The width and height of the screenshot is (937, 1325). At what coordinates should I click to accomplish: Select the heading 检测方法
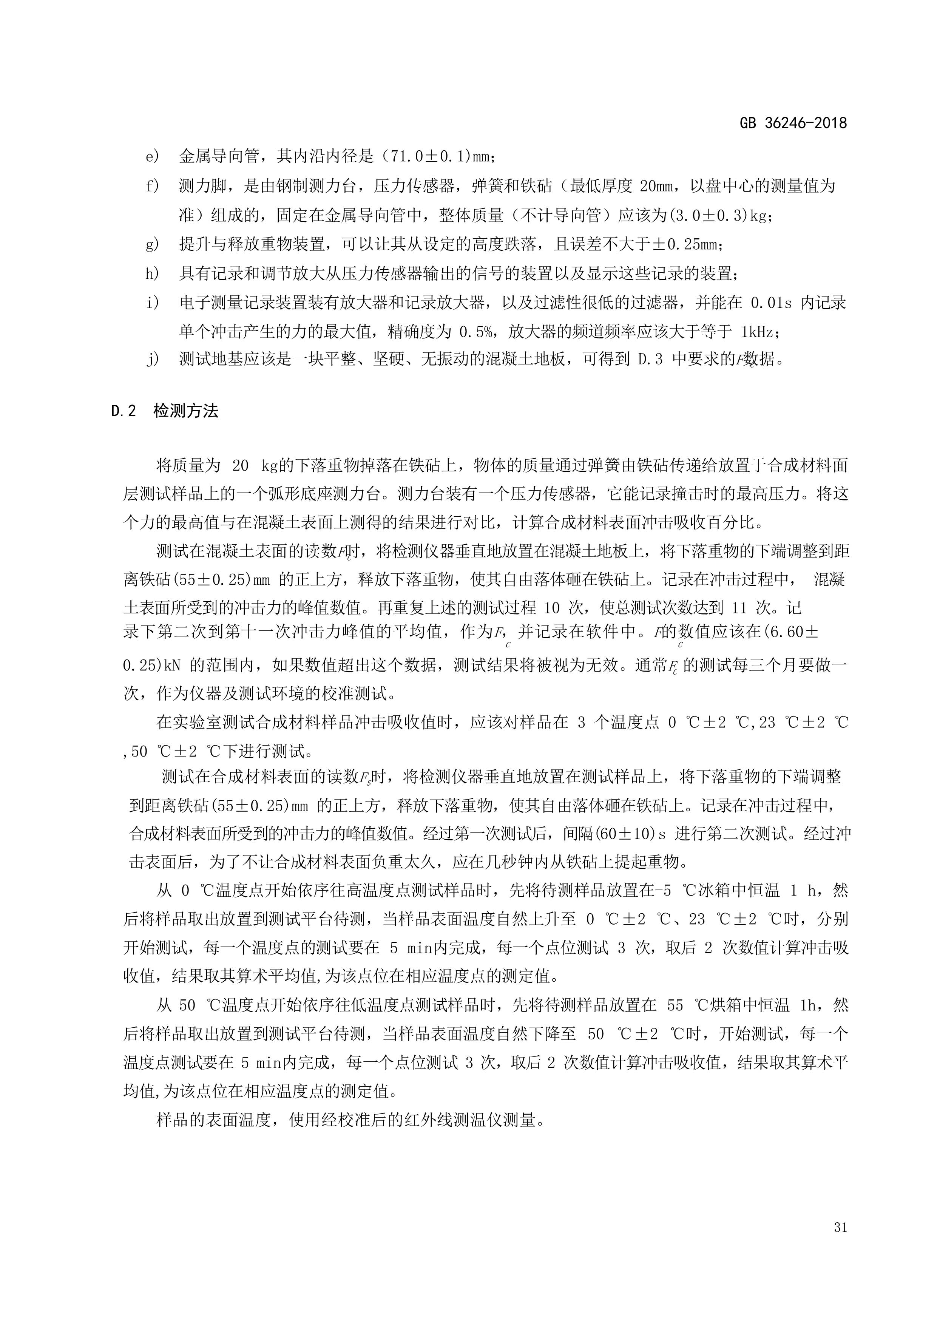pyautogui.click(x=186, y=411)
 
